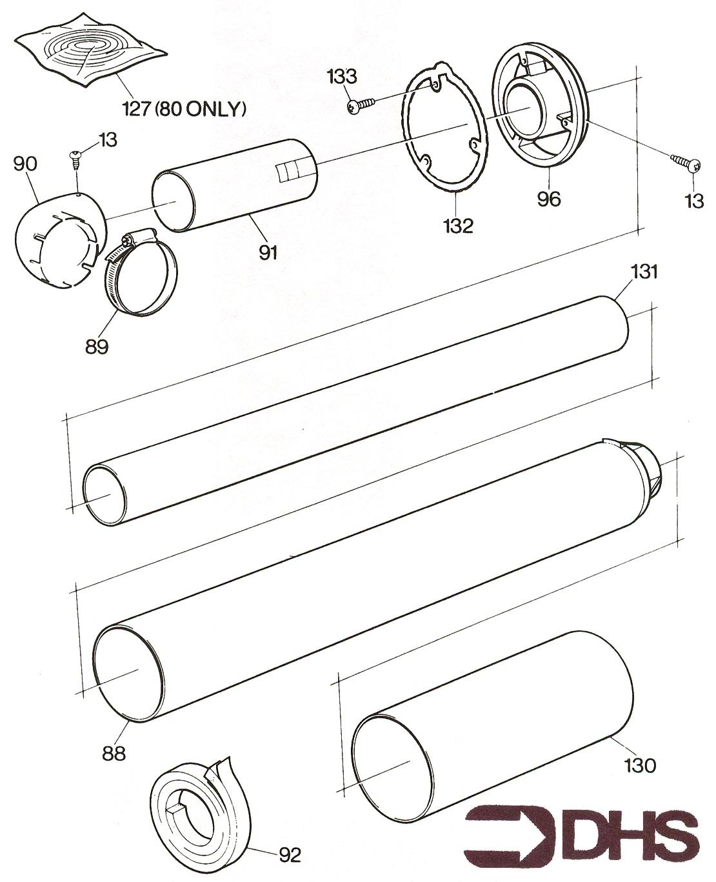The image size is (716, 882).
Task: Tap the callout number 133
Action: (342, 77)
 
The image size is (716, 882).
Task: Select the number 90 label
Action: (25, 164)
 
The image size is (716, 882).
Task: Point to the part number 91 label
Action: (268, 252)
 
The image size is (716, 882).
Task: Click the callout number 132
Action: (458, 226)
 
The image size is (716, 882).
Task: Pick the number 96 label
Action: (549, 199)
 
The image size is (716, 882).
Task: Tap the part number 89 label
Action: (97, 346)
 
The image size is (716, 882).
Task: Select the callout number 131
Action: (644, 272)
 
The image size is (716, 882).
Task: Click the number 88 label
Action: (114, 754)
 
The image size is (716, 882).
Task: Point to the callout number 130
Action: (640, 766)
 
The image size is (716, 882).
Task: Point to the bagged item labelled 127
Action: (92, 54)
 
